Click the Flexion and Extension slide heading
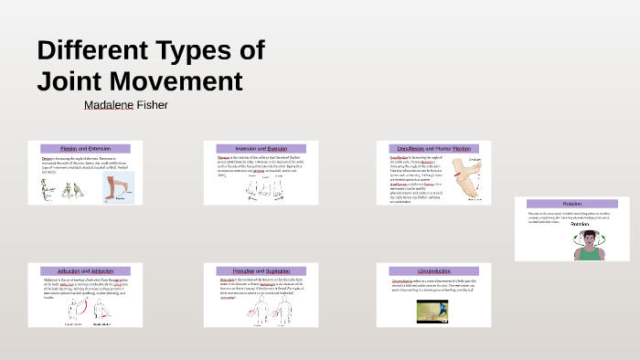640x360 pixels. click(84, 148)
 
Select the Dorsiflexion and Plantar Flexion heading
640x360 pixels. click(429, 148)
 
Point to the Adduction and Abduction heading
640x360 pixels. click(84, 271)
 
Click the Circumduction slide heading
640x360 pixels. click(429, 271)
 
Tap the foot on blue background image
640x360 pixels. click(117, 187)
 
